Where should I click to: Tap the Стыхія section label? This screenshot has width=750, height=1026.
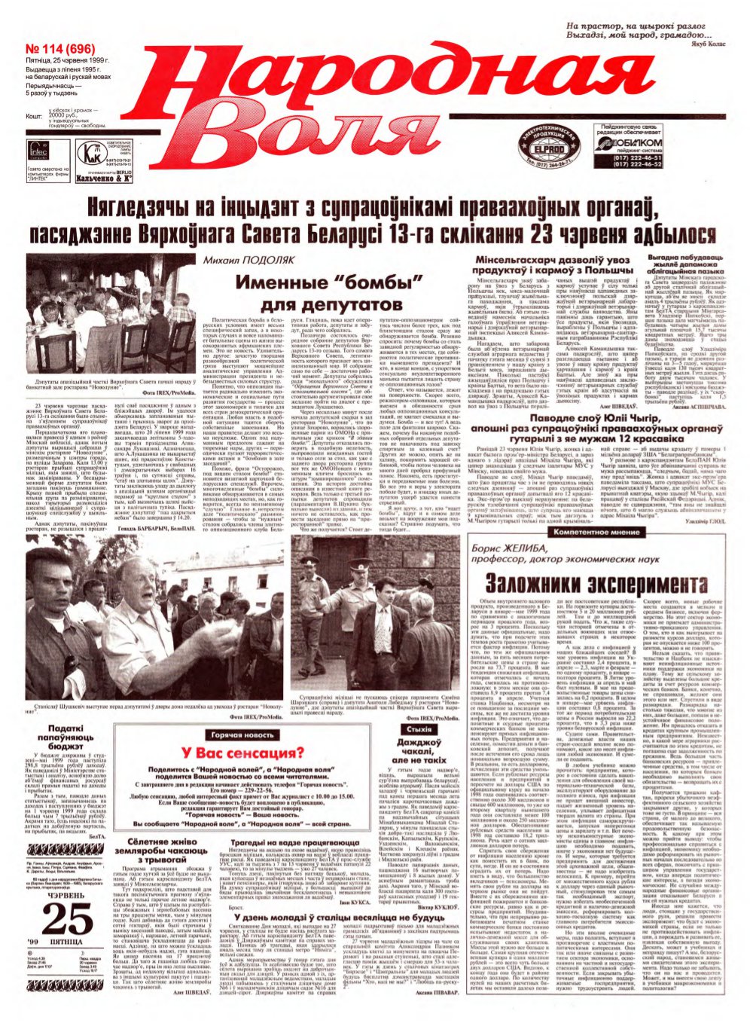click(x=419, y=730)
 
